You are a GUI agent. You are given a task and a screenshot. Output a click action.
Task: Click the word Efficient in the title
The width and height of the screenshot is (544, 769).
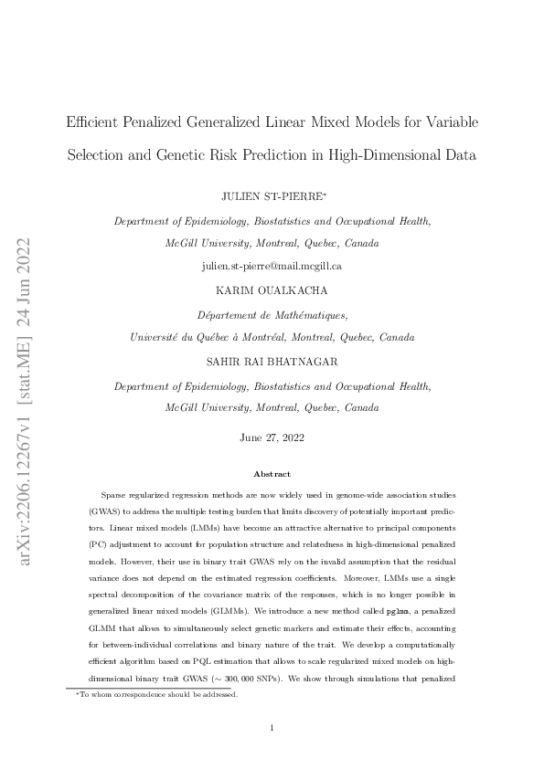[x=94, y=121]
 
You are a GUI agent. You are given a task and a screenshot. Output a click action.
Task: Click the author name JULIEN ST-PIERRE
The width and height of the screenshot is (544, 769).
[x=269, y=196]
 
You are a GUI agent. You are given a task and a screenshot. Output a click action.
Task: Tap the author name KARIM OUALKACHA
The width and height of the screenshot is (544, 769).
[x=272, y=290]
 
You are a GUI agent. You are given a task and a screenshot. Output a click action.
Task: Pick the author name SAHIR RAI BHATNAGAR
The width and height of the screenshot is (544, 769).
[x=272, y=362]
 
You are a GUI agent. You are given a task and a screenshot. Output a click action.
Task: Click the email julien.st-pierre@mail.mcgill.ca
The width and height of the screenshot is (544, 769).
[x=272, y=266]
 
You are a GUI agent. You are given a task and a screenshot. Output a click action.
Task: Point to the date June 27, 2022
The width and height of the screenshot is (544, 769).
[x=272, y=437]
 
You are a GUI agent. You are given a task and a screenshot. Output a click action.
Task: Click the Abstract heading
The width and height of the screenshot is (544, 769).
[x=272, y=474]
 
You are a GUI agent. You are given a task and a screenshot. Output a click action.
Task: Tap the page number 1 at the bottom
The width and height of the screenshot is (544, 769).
[x=272, y=727]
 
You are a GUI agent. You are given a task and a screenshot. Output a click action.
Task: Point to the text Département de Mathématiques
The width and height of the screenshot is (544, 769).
[x=272, y=314]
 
